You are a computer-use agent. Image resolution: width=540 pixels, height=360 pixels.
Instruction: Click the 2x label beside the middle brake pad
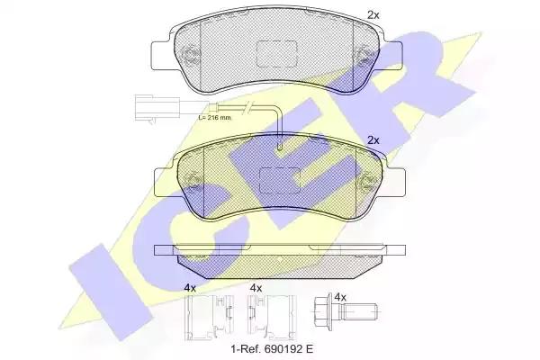[373, 140]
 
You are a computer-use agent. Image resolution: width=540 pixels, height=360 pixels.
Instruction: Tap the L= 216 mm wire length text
[215, 118]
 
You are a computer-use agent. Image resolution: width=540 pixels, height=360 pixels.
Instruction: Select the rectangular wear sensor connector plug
[157, 108]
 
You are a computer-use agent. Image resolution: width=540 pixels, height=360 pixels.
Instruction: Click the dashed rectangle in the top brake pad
[277, 54]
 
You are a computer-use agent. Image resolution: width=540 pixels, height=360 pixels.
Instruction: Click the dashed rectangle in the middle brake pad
[280, 181]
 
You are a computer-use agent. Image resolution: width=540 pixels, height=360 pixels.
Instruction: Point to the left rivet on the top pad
[190, 55]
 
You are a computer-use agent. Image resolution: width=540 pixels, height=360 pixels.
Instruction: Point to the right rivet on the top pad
[364, 55]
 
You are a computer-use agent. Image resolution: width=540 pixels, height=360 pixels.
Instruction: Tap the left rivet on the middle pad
[193, 182]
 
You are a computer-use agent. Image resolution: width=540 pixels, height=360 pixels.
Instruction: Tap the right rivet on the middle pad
[367, 182]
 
